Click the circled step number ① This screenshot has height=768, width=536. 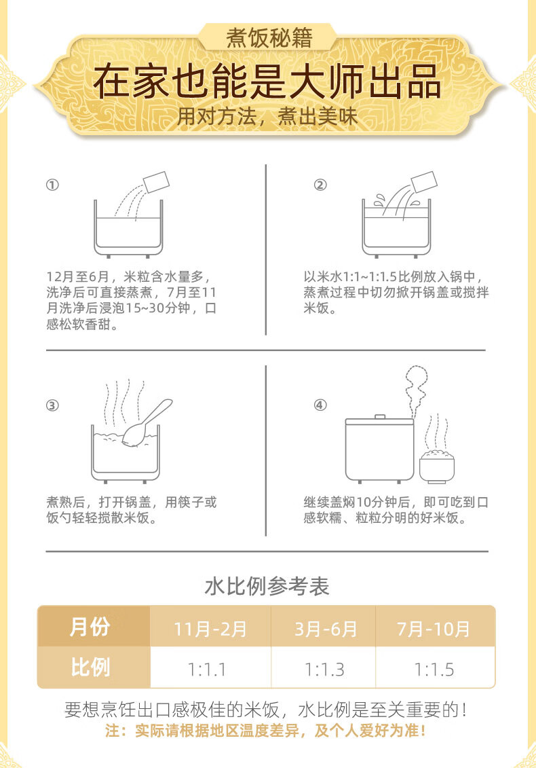(x=52, y=185)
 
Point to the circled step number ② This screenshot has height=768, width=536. (x=320, y=185)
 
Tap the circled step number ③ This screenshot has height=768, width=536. (x=52, y=405)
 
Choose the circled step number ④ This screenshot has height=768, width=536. (x=320, y=405)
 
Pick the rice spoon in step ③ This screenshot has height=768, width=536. (x=147, y=422)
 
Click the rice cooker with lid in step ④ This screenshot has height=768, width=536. (x=379, y=450)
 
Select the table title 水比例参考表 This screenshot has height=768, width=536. (x=267, y=586)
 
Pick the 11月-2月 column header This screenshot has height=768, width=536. (x=210, y=628)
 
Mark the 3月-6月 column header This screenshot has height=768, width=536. (x=325, y=628)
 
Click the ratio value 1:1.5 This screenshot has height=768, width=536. (x=434, y=670)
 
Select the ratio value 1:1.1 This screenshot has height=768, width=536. (x=207, y=670)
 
